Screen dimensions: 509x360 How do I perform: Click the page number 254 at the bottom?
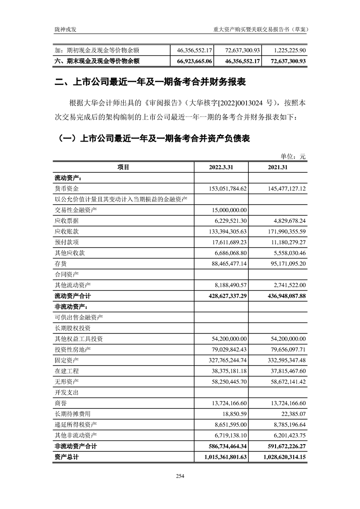tap(180, 476)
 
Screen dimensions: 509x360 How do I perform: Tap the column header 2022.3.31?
tap(221, 167)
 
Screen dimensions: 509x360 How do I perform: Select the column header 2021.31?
tap(278, 167)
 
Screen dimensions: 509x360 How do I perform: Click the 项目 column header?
tap(123, 167)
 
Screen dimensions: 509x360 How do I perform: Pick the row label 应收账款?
tap(67, 231)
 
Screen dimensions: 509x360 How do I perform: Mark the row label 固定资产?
tap(67, 360)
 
